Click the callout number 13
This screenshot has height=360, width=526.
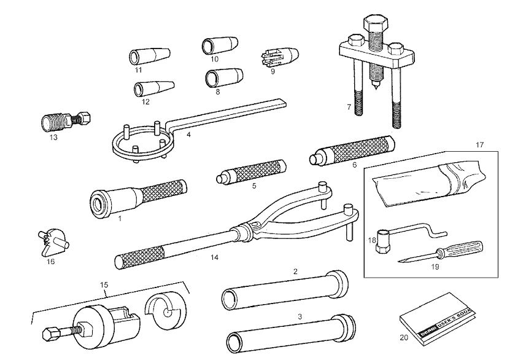pos(53,138)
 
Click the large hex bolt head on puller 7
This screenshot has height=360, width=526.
pos(376,23)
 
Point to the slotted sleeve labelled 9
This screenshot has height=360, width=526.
pos(279,57)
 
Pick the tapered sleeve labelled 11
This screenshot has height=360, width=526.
pos(149,56)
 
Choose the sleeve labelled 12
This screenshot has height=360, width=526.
pos(153,88)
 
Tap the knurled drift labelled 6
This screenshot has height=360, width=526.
pos(352,150)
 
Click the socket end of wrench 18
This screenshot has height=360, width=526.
pos(382,241)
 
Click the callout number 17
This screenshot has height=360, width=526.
pos(480,145)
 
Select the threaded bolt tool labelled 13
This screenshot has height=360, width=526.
pos(66,121)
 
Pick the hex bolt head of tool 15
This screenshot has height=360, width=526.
pos(50,334)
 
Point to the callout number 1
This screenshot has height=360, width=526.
pos(120,218)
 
